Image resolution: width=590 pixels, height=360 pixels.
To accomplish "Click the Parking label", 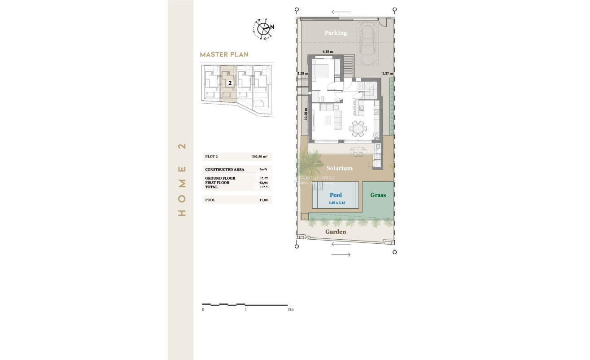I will click(336, 33).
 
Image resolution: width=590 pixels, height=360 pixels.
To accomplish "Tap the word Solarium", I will click(339, 168).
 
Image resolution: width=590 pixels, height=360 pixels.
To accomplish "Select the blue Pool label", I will click(336, 195).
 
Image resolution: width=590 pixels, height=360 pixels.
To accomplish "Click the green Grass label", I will click(378, 195).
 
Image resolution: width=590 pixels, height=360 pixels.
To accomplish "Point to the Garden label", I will click(336, 232).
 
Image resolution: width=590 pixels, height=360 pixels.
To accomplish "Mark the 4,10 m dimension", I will click(328, 52).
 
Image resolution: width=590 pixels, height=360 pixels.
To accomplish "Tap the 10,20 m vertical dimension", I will click(306, 114).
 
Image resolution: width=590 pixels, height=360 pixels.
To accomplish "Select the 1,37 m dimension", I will click(387, 73).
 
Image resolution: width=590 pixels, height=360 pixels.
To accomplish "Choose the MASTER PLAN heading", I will click(224, 54).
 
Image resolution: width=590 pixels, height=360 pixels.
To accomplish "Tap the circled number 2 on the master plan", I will click(230, 83).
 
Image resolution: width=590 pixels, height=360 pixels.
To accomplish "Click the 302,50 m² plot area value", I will click(259, 157).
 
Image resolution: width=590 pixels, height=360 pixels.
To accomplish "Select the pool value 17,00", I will click(263, 200).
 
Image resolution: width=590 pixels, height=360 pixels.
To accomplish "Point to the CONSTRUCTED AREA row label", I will click(224, 170).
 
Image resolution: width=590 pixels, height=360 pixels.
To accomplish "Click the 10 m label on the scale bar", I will click(290, 310).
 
